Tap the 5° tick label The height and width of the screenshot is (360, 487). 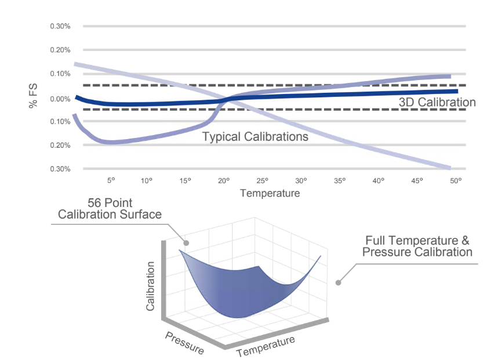coord(111,180)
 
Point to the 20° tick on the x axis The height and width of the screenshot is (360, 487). coord(224,180)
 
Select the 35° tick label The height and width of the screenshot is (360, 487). coord(340,180)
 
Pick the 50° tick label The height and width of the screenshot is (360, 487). coord(456,180)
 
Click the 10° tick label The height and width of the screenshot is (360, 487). coord(146,180)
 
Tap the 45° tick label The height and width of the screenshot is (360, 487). coord(417,180)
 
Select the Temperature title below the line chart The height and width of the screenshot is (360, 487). coord(270,193)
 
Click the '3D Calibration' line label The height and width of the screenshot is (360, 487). coord(437,102)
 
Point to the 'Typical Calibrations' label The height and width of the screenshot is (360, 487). coord(255,137)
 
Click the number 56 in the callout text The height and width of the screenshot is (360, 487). coord(95,203)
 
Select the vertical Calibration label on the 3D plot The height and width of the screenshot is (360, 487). coord(151,286)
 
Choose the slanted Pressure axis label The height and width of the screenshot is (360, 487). coord(184,343)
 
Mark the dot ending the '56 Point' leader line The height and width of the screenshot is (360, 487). coord(187,243)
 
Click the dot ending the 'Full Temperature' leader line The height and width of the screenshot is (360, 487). coord(338,282)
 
